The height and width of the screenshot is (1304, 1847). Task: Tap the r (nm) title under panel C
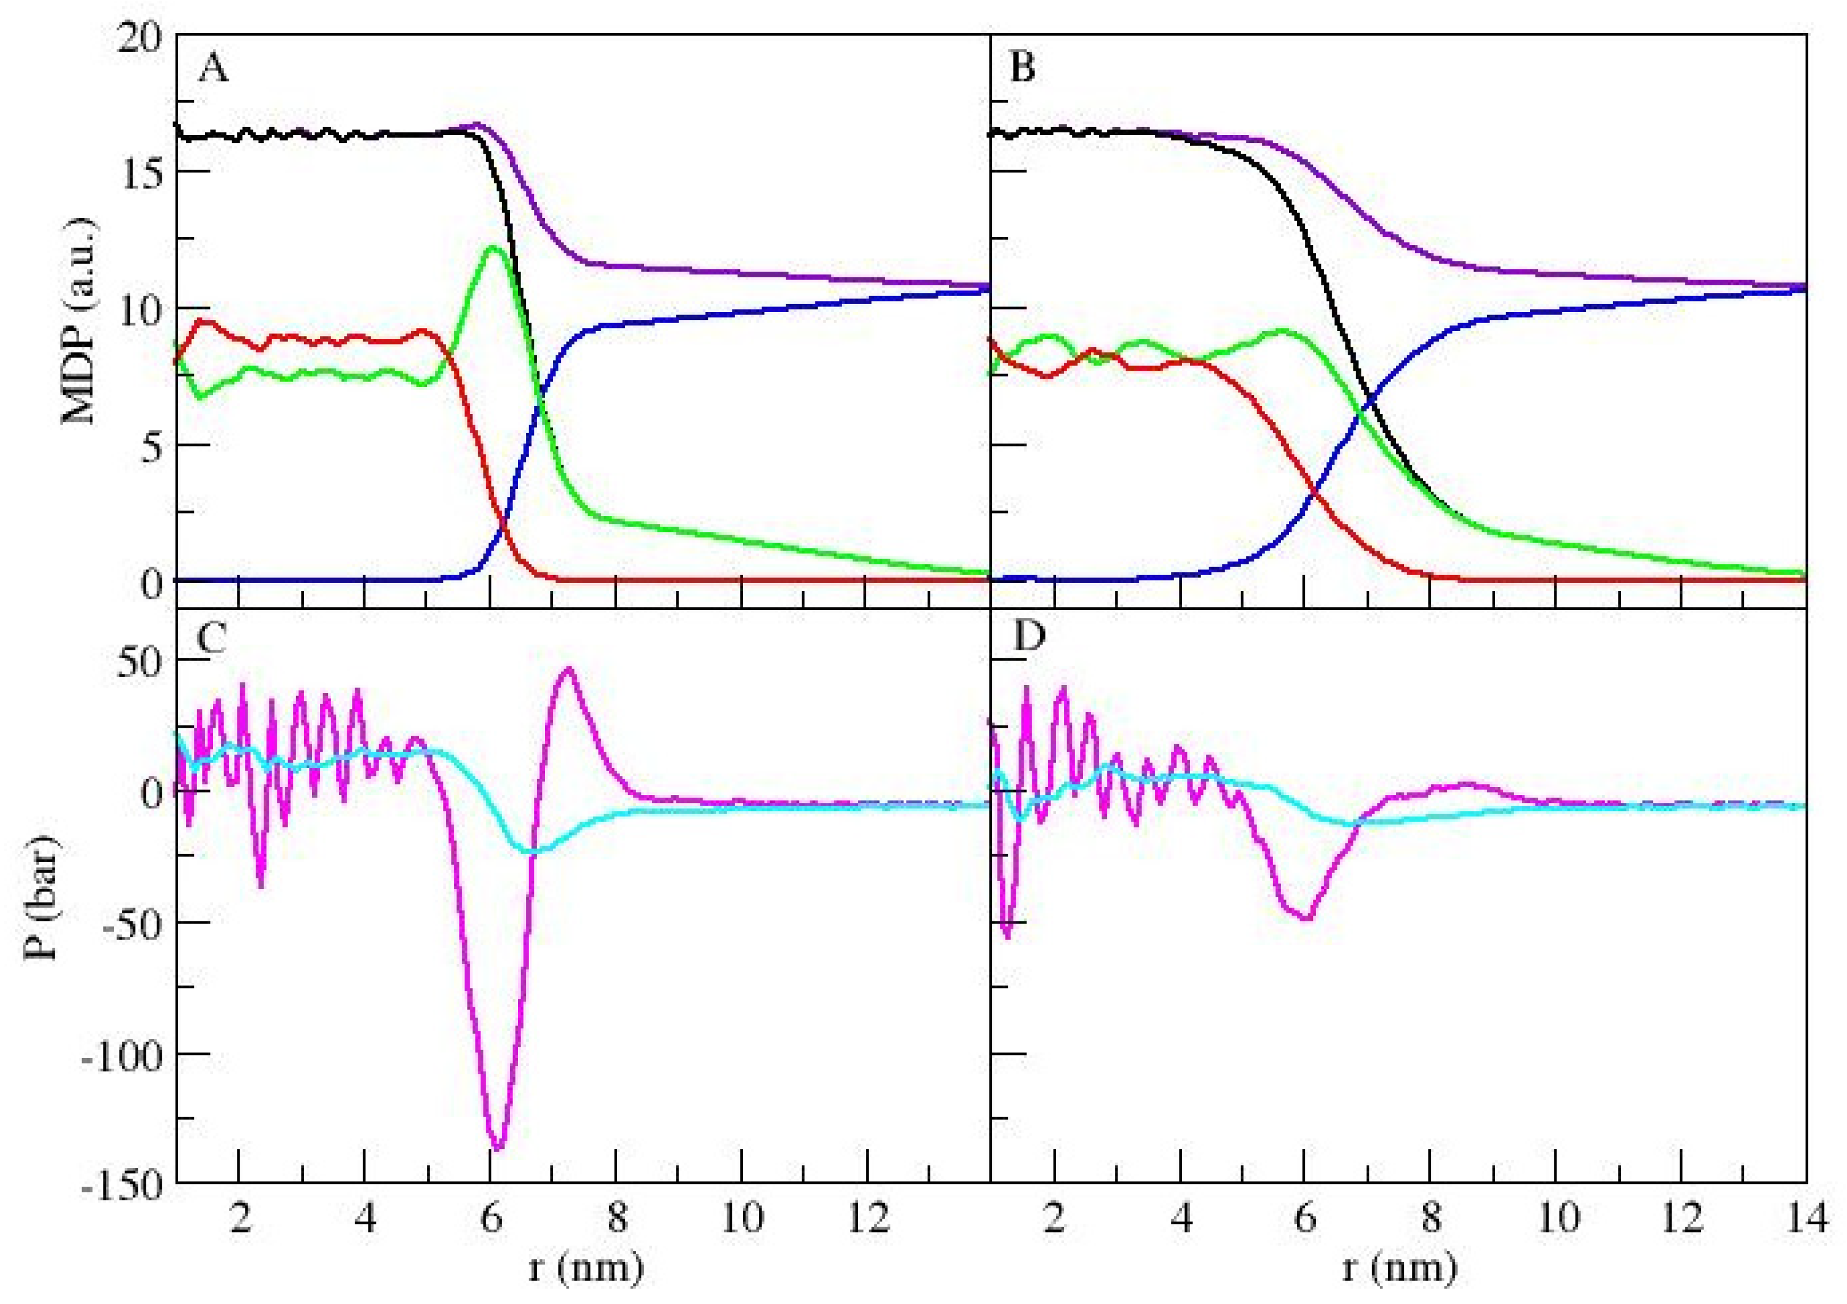(586, 1269)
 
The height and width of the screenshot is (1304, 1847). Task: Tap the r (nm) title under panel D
(1399, 1269)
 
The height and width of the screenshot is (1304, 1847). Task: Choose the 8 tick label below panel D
(1430, 1219)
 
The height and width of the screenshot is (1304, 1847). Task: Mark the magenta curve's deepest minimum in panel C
(498, 1147)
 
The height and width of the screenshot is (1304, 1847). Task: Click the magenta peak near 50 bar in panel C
(569, 669)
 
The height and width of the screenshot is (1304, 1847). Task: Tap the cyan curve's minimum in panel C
(532, 851)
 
